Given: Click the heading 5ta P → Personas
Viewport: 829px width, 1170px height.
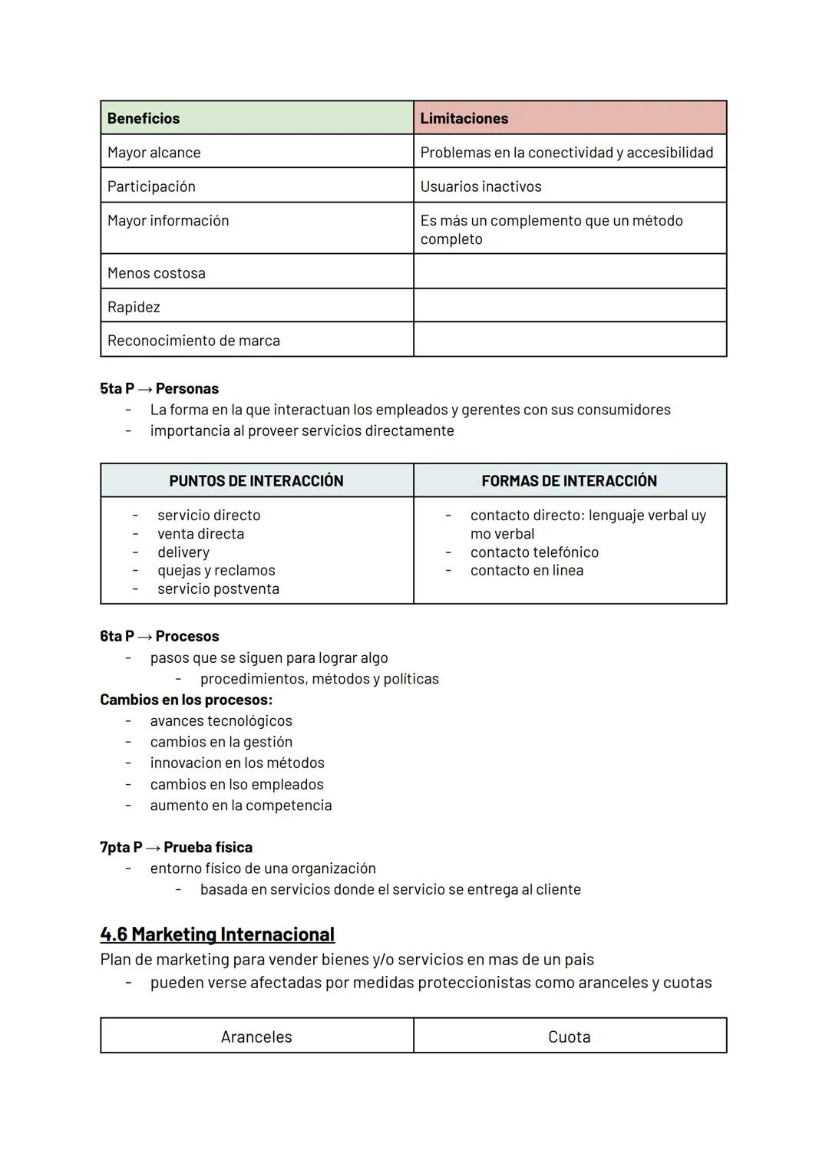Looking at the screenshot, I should click(160, 388).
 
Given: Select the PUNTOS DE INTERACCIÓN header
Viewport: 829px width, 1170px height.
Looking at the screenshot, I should click(256, 481).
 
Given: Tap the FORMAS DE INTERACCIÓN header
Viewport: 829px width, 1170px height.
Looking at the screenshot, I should click(569, 481).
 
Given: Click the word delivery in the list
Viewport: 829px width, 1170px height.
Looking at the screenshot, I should click(183, 552).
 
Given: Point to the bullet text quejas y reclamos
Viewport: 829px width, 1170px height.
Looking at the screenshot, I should click(216, 570).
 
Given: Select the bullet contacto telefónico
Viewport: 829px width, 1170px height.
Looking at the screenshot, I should click(534, 552).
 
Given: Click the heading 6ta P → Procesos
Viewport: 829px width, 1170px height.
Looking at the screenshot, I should click(160, 636).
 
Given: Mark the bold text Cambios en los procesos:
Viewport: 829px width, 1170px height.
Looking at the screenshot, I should click(187, 700).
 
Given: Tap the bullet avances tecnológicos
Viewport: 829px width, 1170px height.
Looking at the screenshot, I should click(221, 720).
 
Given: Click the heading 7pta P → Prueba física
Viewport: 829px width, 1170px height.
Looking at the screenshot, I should click(177, 847).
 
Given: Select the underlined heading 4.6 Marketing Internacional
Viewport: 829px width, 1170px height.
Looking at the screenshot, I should click(217, 934).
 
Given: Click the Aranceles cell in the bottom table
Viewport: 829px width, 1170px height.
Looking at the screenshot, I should click(256, 1037).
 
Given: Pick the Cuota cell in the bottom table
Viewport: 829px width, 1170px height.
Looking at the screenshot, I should click(569, 1037).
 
